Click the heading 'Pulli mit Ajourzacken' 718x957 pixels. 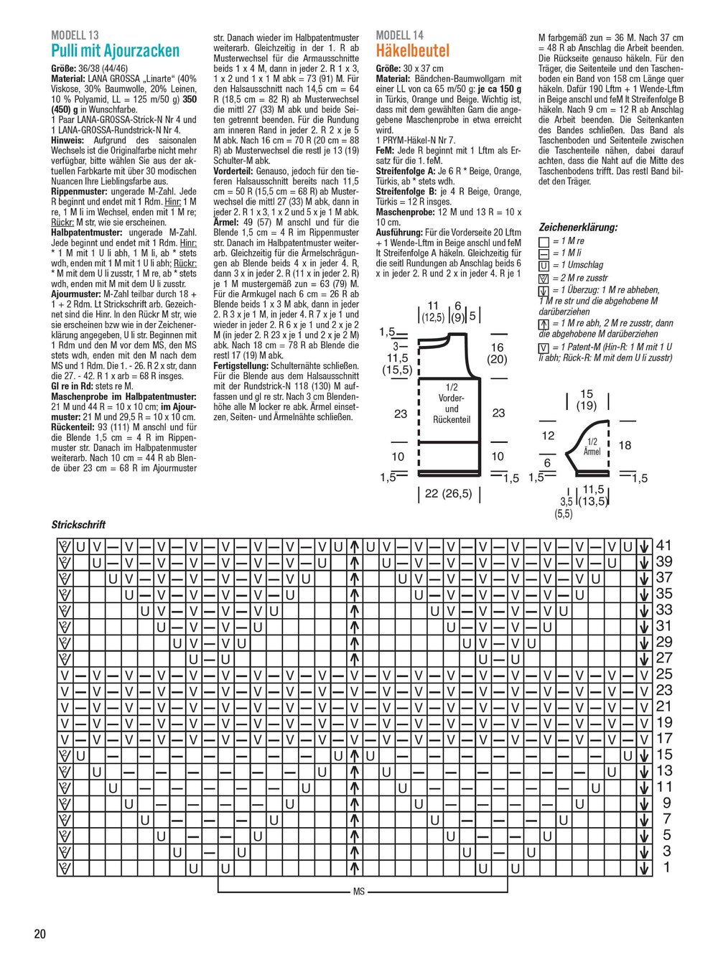click(x=116, y=51)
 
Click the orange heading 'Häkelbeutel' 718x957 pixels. click(x=413, y=51)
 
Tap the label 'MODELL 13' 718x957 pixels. click(x=75, y=35)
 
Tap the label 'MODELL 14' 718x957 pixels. click(x=400, y=35)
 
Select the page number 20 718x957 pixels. click(x=39, y=934)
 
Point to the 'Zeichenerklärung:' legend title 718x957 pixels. click(x=578, y=227)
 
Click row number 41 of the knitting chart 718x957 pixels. click(x=664, y=546)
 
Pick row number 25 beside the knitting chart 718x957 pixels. click(x=664, y=673)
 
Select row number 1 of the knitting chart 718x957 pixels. click(x=667, y=867)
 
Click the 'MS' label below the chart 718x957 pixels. click(x=360, y=892)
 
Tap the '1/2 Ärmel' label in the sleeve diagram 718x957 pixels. click(x=592, y=447)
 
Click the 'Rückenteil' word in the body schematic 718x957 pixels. click(x=452, y=419)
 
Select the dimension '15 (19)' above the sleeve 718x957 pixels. click(x=587, y=400)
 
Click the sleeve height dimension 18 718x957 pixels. click(x=625, y=446)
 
